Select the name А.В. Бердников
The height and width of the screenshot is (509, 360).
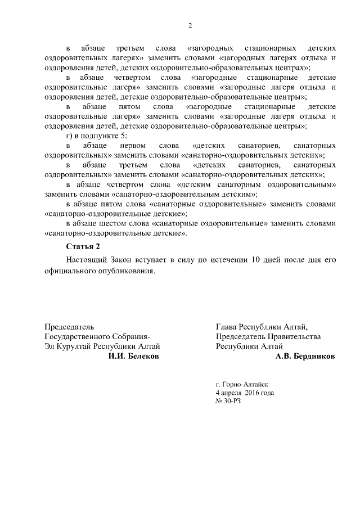coord(305,357)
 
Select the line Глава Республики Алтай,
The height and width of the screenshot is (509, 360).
coord(262,326)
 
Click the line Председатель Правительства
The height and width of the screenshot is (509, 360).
coord(268,336)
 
